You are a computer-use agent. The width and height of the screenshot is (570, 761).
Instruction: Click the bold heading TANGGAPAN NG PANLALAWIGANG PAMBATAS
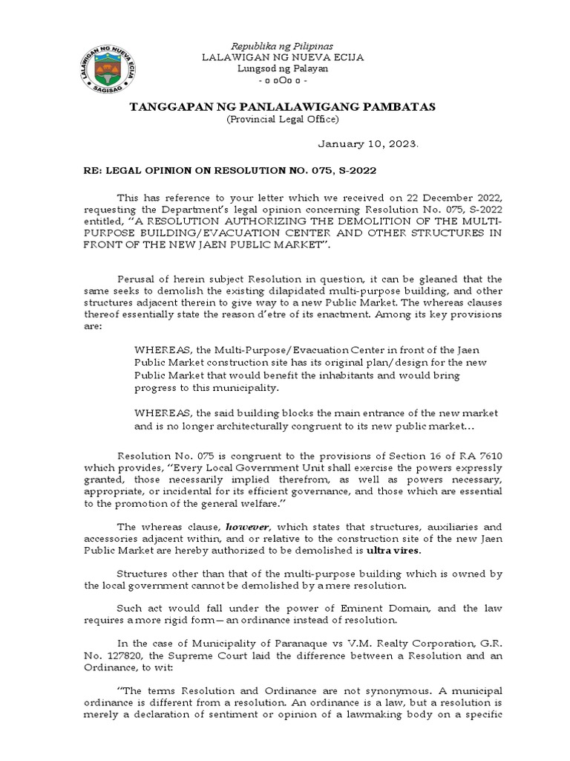point(284,107)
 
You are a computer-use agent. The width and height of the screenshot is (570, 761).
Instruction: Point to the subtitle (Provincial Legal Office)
point(284,119)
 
